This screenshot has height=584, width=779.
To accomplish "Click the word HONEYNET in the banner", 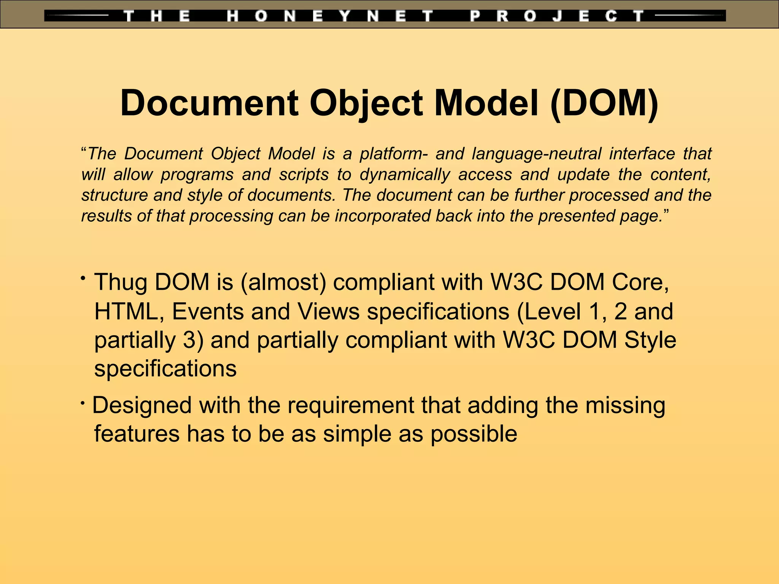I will coord(330,16).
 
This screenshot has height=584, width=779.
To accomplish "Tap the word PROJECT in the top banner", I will coord(557,16).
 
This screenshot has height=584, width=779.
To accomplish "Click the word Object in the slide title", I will coord(366,103).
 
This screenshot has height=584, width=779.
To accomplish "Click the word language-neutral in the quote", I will coord(536,154).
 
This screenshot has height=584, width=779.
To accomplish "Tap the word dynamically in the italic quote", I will coord(405,175).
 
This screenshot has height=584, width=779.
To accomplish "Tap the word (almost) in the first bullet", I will coord(283,282).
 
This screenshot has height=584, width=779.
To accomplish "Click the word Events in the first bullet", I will coord(207,311).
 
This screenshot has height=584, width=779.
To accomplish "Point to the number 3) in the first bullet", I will coord(193,340).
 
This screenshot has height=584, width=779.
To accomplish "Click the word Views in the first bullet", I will coord(329,311).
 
